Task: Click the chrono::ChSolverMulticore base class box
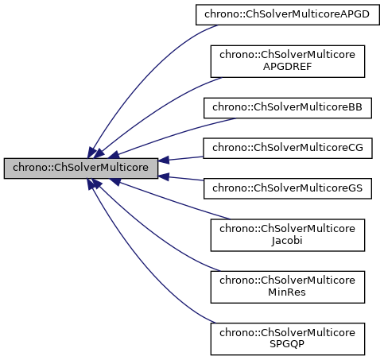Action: tap(80, 168)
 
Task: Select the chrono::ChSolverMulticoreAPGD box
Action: tap(287, 14)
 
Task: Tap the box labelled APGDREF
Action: tap(287, 60)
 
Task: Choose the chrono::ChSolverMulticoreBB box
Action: tap(287, 107)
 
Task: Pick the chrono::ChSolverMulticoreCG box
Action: tap(287, 148)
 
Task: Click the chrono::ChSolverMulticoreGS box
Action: tap(287, 188)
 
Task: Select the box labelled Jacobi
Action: tap(287, 235)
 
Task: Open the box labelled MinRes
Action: tap(287, 285)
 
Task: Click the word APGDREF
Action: tap(287, 68)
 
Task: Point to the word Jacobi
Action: tap(287, 242)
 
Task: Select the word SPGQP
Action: tap(287, 344)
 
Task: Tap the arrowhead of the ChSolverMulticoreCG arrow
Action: tap(163, 160)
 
